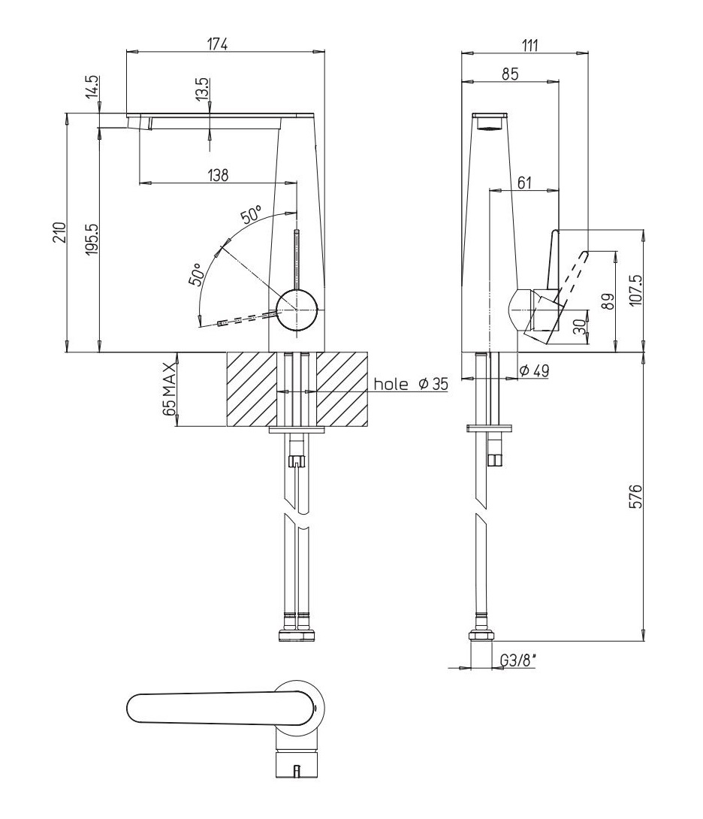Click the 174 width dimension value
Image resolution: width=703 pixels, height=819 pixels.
pos(219,44)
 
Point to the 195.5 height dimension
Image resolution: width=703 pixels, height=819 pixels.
pos(92,239)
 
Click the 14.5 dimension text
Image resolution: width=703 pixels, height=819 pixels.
pos(92,86)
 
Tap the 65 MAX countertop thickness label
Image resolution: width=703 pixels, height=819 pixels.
pos(169,388)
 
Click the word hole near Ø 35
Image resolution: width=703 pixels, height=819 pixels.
pos(391,384)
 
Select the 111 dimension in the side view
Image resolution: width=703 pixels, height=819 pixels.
pos(530,45)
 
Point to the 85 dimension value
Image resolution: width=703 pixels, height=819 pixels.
pos(510,74)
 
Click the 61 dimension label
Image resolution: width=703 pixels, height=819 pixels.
pos(523,183)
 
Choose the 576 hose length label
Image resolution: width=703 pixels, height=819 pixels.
pos(635,496)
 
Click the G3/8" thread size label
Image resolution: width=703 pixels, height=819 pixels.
pos(519,660)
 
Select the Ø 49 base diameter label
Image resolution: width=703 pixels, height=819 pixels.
pos(535,371)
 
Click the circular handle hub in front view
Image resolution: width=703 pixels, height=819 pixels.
pos(297,310)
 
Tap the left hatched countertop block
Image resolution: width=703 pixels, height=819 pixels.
pos(251,389)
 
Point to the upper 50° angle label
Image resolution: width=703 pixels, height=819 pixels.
pos(251,215)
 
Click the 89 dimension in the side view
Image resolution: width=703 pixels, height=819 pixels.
pos(608,301)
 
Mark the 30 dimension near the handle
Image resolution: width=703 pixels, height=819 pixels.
pos(579,327)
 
